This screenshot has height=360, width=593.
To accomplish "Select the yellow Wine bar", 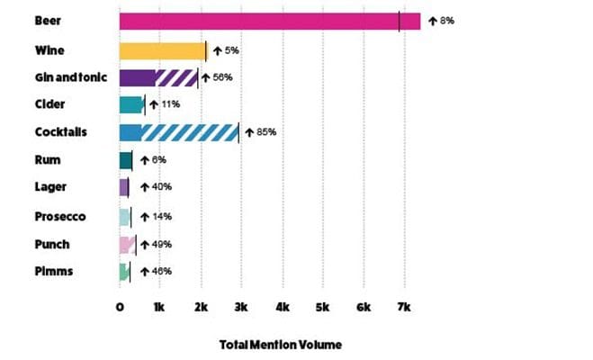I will point(162,50).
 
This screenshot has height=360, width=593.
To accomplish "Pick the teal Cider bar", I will point(131,104).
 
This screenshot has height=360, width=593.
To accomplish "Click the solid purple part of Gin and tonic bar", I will point(137,77).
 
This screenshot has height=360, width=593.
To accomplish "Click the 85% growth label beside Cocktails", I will point(264,132).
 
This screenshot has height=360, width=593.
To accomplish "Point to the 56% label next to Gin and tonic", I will point(222,77).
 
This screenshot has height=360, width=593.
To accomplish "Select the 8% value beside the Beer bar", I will point(446,20).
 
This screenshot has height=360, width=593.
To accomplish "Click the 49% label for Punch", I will point(161,244).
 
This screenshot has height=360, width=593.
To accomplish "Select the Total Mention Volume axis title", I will point(280,345).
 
